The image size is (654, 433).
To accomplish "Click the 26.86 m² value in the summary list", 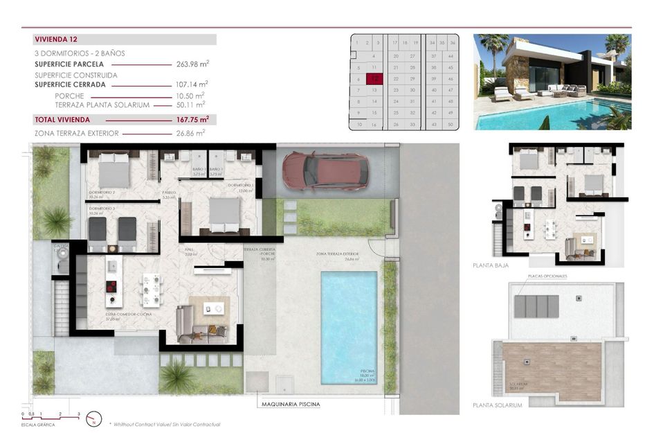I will [191, 132].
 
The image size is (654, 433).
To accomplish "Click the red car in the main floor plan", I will [325, 170].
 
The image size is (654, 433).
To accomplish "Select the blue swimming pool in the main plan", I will [349, 326].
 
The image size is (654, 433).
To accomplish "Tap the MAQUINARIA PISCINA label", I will [291, 404].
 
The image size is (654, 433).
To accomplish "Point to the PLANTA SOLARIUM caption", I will [497, 405].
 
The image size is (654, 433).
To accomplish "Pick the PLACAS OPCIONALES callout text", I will [547, 276].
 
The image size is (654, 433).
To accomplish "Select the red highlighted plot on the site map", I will [374, 79].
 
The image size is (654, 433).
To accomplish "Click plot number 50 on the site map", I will [451, 124].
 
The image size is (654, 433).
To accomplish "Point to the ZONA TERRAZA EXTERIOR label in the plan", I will [338, 254].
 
